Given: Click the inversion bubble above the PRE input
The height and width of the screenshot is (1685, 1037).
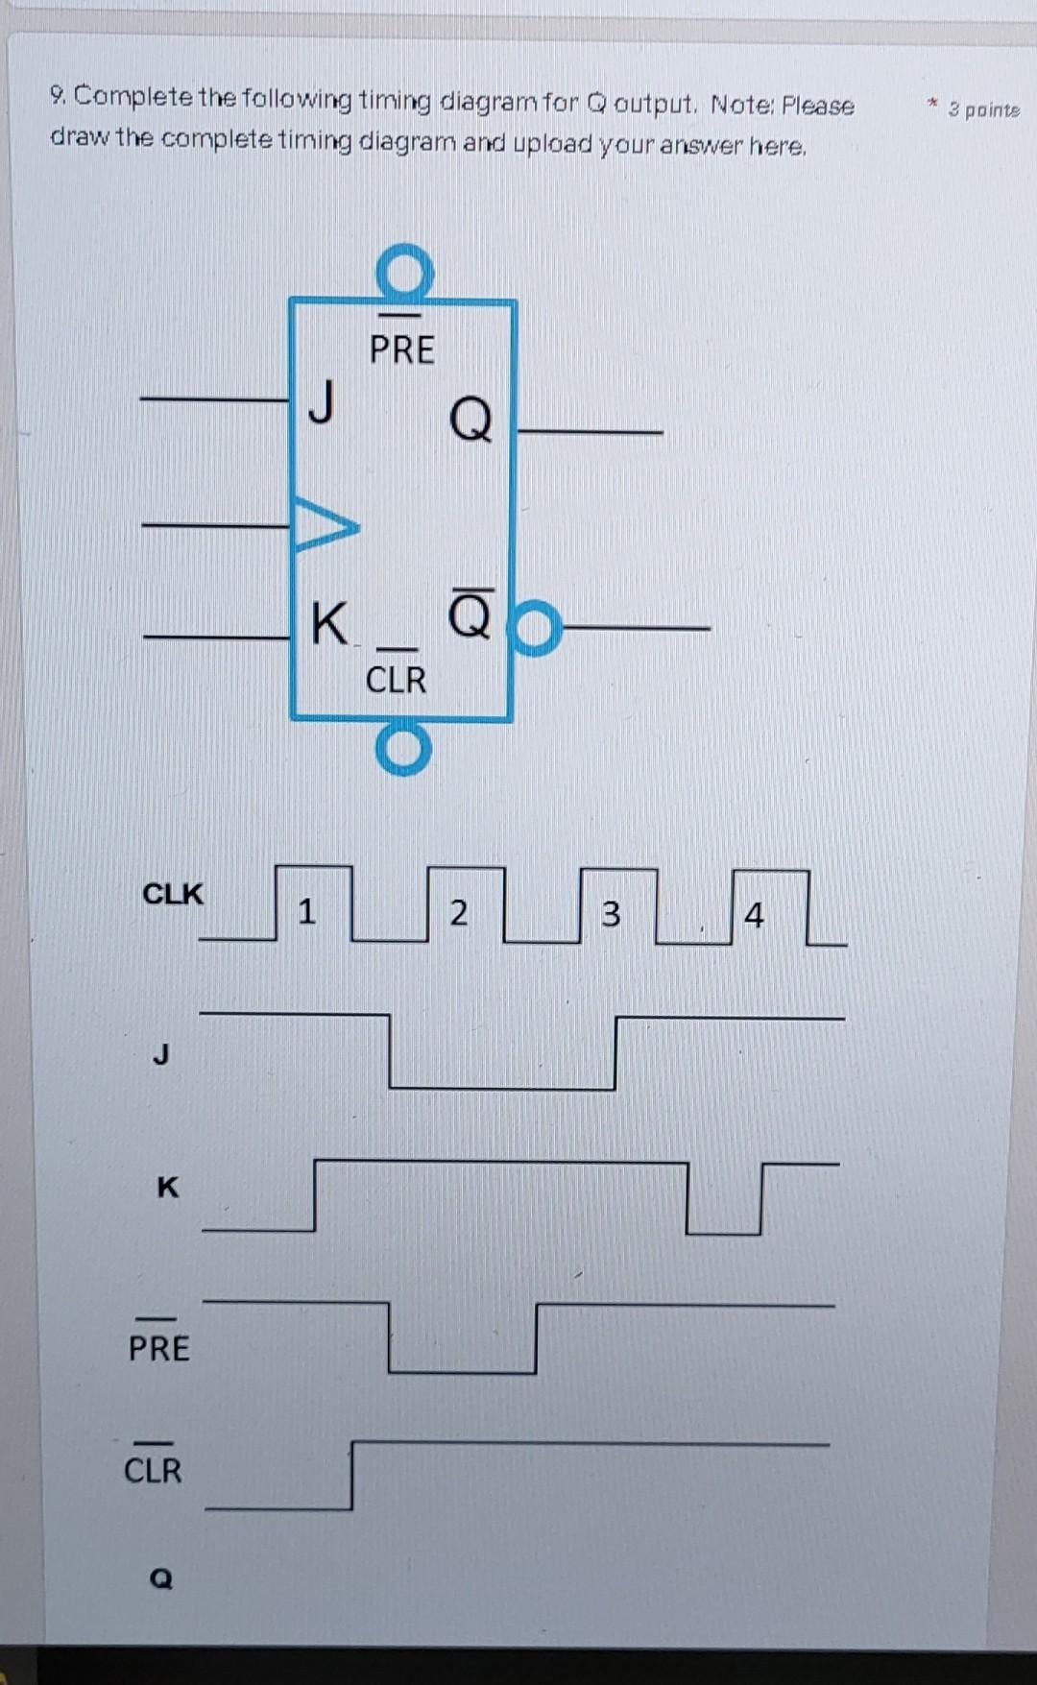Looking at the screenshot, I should (x=404, y=272).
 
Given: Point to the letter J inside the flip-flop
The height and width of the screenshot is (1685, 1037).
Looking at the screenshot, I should (x=323, y=401).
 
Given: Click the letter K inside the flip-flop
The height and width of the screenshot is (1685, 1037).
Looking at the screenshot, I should (x=328, y=624).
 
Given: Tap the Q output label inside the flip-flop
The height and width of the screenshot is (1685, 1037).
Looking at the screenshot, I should (x=470, y=420).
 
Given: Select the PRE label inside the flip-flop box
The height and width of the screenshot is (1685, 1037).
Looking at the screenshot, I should (x=402, y=349).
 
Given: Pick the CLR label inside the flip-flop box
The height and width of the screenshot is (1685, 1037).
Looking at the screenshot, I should (x=396, y=679).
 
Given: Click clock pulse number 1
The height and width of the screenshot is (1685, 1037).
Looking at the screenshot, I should (x=306, y=909).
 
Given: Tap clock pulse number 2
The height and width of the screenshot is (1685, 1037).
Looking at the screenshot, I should (x=459, y=911).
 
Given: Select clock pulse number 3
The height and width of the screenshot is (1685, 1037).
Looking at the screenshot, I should (x=611, y=913).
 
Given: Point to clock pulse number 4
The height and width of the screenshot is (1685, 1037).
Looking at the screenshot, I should (x=755, y=915).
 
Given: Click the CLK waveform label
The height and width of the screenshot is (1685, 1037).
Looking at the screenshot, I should (x=173, y=894).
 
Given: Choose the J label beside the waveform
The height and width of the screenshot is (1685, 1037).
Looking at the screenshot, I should (x=161, y=1055).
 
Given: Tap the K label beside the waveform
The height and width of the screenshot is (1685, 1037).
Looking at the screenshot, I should (x=167, y=1188).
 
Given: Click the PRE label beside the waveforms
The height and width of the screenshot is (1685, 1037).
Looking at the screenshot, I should (x=159, y=1347).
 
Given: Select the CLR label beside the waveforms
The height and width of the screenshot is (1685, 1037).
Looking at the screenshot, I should (x=153, y=1469).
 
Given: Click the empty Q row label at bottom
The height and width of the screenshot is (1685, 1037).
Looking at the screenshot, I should (x=161, y=1577).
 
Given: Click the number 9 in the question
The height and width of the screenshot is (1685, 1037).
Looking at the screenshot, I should (x=58, y=96).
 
